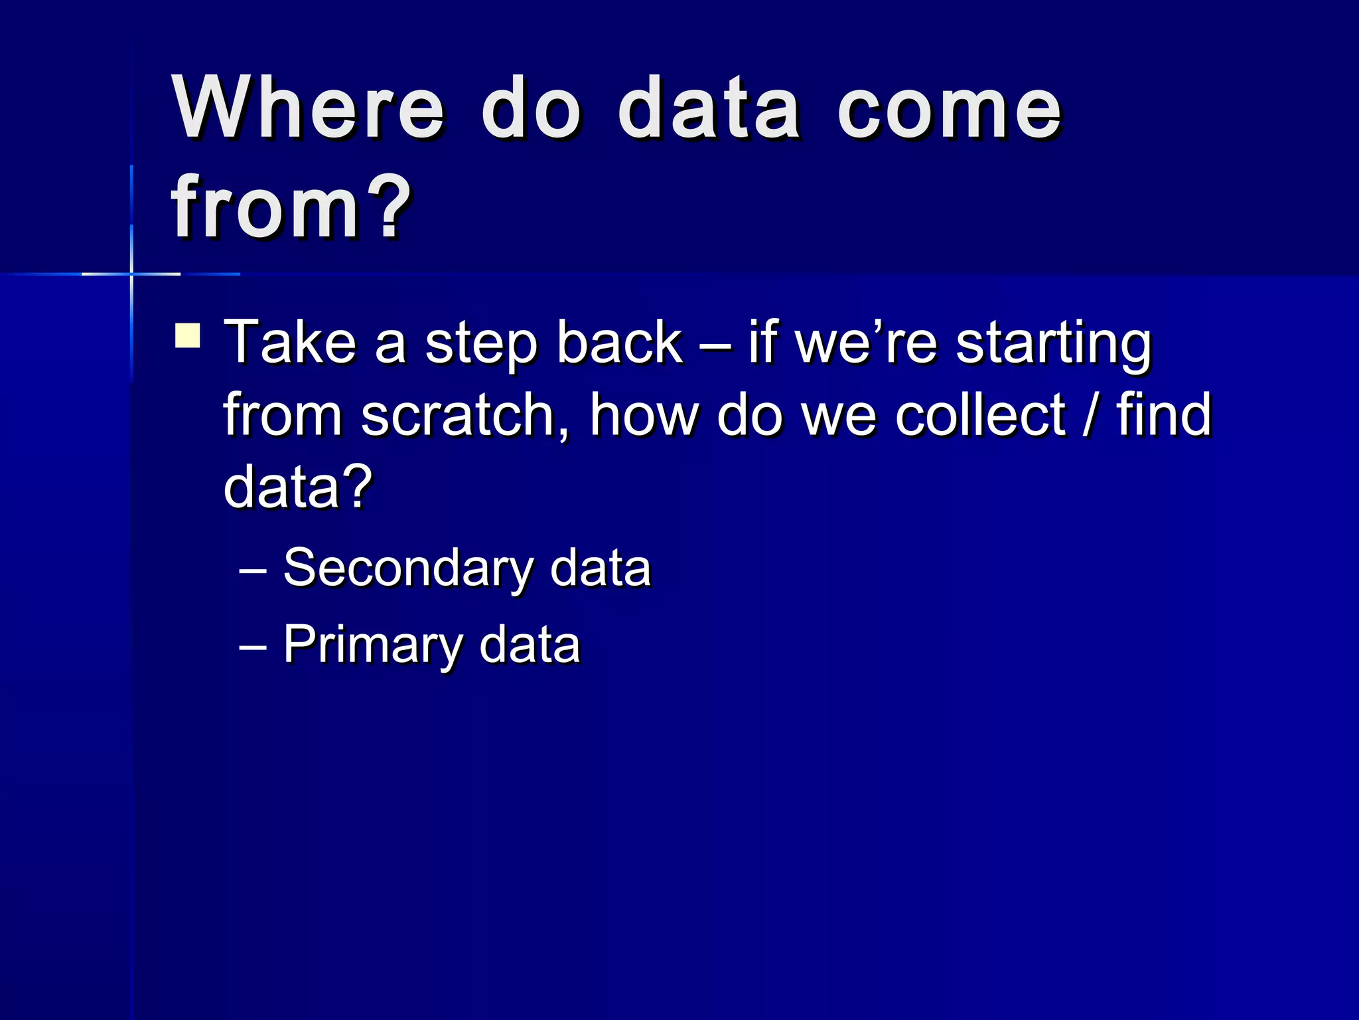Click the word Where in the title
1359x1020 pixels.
[x=308, y=108]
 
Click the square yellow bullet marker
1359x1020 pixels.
[x=188, y=335]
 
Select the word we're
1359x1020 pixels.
[x=866, y=344]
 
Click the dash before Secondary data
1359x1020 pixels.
[x=253, y=570]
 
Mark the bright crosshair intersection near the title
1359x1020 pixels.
[x=131, y=274]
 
